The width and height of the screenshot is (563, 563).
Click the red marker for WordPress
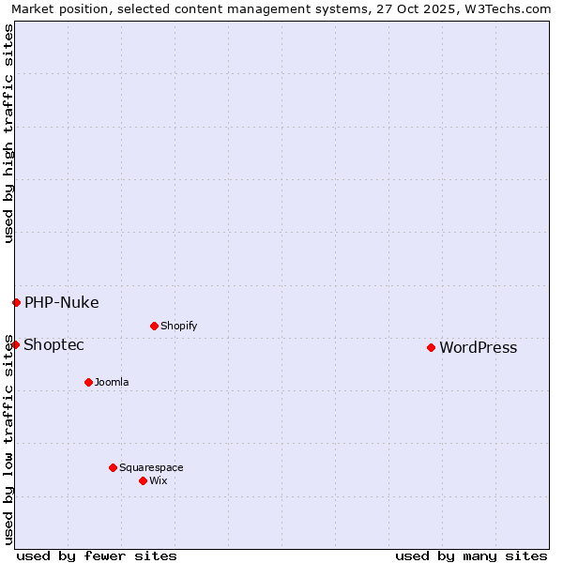(431, 347)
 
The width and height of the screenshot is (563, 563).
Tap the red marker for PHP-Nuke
(16, 302)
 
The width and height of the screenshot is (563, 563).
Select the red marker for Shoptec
(15, 344)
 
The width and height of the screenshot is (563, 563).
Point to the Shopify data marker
(154, 326)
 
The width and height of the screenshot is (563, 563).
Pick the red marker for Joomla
(88, 382)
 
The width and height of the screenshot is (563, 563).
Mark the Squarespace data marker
(113, 467)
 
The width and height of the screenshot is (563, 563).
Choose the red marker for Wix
(143, 480)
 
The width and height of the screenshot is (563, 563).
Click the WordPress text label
(478, 348)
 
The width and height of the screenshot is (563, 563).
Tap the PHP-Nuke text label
(61, 302)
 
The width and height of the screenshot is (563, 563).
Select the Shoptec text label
(53, 345)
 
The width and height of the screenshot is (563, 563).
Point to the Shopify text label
(178, 327)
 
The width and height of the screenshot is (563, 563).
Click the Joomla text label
(112, 383)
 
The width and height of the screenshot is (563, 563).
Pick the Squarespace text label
(151, 468)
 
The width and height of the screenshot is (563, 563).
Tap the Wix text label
(158, 481)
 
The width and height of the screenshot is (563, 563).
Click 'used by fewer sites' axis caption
(97, 555)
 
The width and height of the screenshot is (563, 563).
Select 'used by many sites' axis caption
(471, 555)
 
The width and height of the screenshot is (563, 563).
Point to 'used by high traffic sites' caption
(9, 133)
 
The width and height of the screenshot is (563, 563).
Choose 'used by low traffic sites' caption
(9, 439)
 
